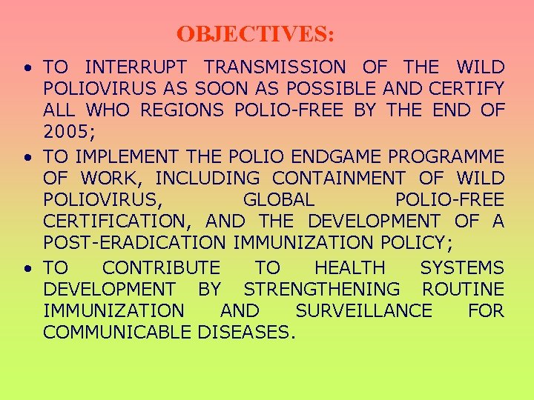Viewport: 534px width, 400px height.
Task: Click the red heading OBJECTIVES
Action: tap(255, 34)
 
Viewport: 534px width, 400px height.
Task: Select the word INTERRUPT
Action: tap(138, 67)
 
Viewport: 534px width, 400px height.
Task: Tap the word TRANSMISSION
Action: tap(274, 67)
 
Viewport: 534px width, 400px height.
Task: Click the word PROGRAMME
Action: tap(452, 157)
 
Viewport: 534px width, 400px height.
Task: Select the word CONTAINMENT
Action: tap(339, 179)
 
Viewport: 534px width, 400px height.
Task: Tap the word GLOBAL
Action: tap(278, 200)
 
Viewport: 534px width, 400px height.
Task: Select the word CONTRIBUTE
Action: tap(161, 268)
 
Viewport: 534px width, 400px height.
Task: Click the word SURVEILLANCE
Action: tap(363, 311)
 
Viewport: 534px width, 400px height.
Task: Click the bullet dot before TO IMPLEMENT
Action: tap(27, 158)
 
